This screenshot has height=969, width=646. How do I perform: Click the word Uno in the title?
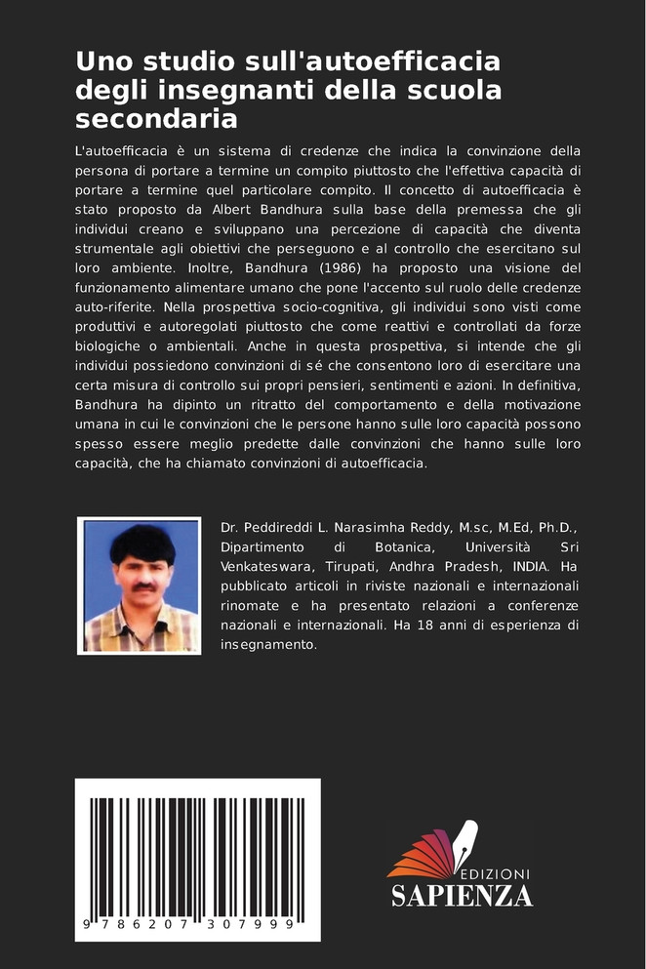[x=101, y=61]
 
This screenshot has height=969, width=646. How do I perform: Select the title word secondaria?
[x=157, y=119]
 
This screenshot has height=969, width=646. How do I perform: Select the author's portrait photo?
[x=139, y=585]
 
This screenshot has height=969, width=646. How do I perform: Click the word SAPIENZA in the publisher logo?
[x=462, y=895]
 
